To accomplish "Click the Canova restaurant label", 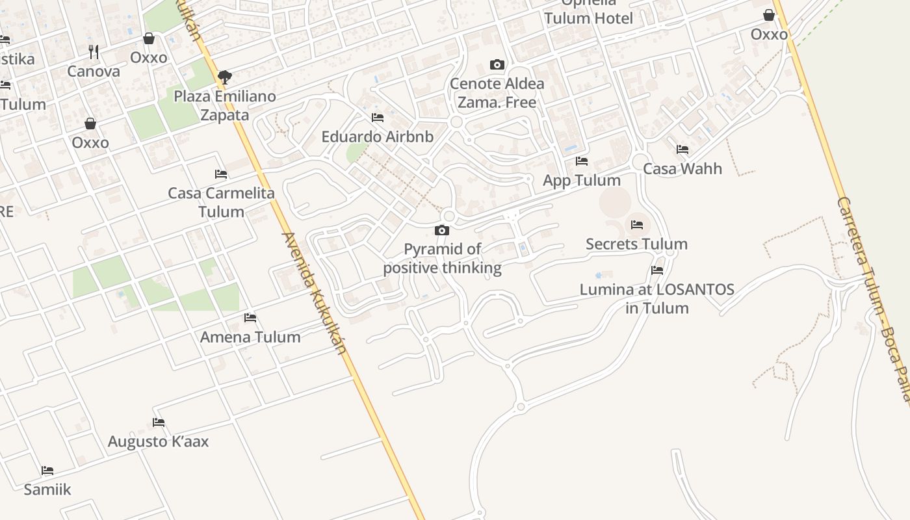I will click(x=94, y=71).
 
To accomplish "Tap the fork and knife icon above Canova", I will click(x=94, y=52).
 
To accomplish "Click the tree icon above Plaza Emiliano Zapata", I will click(x=225, y=77).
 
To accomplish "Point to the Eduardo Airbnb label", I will click(x=377, y=137).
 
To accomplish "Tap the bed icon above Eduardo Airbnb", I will click(x=377, y=118).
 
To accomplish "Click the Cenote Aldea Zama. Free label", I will click(x=497, y=93).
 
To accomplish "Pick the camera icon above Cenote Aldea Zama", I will click(x=497, y=64).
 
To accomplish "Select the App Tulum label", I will click(x=582, y=180).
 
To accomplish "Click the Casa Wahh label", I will click(x=682, y=169).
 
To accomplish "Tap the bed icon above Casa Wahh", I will click(x=682, y=149).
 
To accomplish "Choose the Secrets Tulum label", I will click(x=636, y=244).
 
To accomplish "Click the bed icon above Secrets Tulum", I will click(x=637, y=225).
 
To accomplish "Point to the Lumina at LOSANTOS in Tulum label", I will click(x=657, y=298).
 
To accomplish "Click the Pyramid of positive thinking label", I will click(x=442, y=259).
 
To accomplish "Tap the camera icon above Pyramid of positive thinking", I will click(x=442, y=230).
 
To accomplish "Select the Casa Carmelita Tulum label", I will click(x=221, y=202).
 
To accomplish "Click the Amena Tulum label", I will click(x=250, y=337).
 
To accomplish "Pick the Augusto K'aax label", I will click(x=159, y=442).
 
